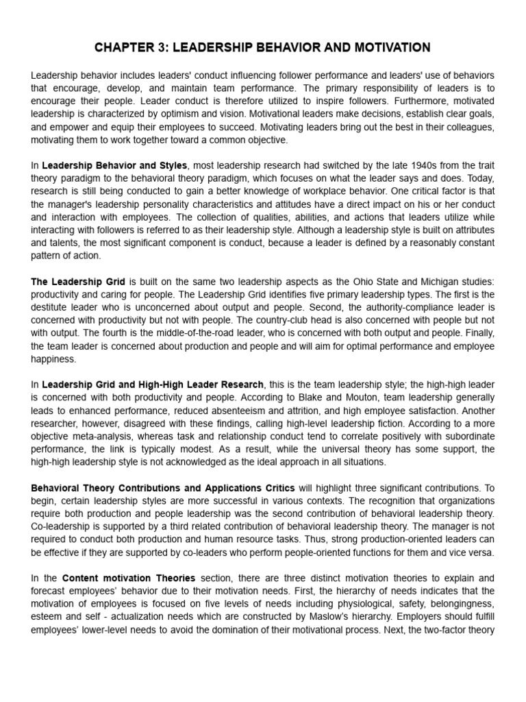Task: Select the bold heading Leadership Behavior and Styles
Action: tap(114, 165)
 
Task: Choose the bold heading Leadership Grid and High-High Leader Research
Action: tap(153, 385)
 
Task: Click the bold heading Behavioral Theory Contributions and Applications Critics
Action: tap(163, 488)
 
